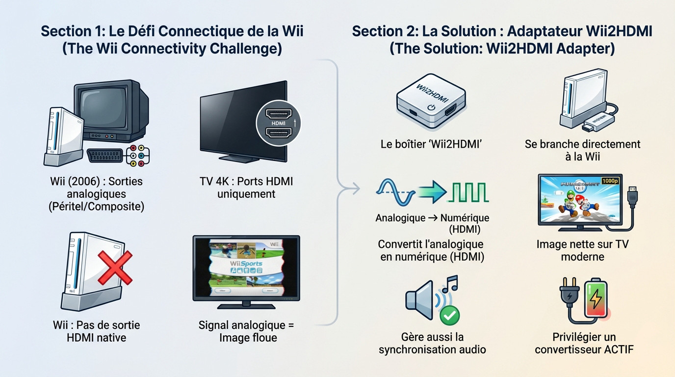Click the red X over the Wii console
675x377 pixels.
coord(115,268)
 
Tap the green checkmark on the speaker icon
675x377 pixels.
coord(448,315)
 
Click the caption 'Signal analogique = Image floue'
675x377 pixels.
coord(248,331)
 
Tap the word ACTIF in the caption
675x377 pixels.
coord(615,350)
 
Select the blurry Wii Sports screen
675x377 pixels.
coord(246,268)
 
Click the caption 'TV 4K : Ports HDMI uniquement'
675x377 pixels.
coord(246,188)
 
